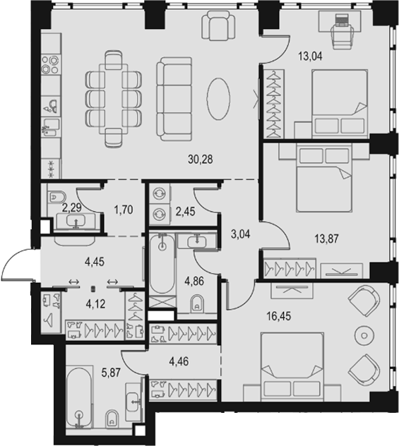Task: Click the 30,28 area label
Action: (201, 159)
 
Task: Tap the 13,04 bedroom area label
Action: (310, 56)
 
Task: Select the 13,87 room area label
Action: (327, 239)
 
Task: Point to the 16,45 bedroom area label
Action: (279, 316)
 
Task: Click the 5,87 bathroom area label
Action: (111, 373)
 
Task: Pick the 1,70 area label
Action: (124, 210)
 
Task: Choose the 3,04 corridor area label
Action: (241, 234)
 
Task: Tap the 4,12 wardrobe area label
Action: (95, 304)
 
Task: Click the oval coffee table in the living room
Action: (218, 98)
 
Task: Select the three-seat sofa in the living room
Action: (174, 99)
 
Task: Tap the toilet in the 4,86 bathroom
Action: (197, 303)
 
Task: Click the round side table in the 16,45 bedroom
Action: (364, 336)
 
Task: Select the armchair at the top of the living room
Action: (219, 25)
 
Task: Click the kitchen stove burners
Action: (51, 64)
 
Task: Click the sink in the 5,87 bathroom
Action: (132, 402)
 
